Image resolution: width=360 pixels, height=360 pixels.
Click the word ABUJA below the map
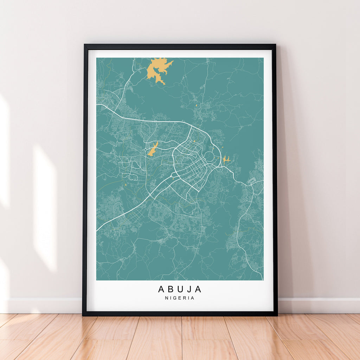click(180, 289)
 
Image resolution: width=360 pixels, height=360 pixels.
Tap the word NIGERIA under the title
click(180, 298)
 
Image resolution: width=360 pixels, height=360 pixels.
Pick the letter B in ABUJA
click(171, 289)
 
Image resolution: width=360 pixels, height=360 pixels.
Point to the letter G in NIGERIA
click(175, 298)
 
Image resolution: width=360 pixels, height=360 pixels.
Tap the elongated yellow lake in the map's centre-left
click(153, 149)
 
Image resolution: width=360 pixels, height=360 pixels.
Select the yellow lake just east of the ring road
click(226, 160)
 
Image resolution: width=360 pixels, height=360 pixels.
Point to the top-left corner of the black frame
click(85, 45)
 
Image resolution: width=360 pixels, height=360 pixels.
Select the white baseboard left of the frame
click(42, 305)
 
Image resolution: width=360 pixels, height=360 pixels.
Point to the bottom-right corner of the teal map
click(263, 280)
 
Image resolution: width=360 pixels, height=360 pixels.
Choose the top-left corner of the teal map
click(97, 58)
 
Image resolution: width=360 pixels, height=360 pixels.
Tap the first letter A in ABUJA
click(161, 289)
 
